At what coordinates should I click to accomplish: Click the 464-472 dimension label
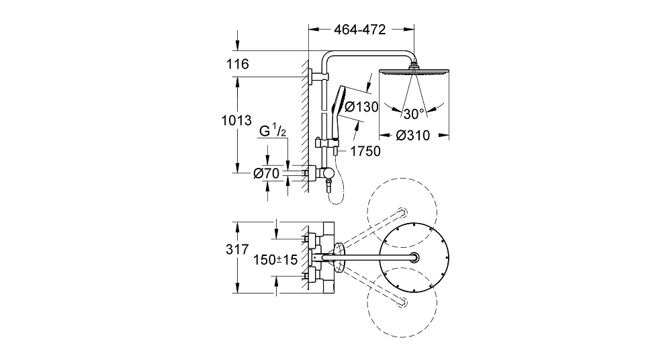[x=360, y=29]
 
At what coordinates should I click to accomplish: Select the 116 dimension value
[x=238, y=64]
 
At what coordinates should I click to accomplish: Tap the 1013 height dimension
[x=236, y=121]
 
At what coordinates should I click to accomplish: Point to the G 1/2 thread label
[x=273, y=130]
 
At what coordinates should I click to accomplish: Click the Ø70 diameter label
[x=266, y=173]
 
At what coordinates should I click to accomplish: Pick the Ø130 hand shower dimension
[x=361, y=107]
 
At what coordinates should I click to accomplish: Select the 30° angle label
[x=414, y=114]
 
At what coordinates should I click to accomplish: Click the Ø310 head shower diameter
[x=413, y=136]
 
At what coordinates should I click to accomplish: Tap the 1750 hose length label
[x=365, y=151]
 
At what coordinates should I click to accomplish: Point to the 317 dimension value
[x=237, y=249]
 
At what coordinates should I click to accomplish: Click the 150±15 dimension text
[x=275, y=259]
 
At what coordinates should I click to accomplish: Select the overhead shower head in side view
[x=414, y=71]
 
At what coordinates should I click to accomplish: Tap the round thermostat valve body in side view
[x=328, y=173]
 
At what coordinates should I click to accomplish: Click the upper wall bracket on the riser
[x=319, y=77]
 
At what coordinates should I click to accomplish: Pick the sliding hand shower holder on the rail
[x=326, y=142]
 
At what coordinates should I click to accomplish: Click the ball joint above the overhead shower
[x=414, y=66]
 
